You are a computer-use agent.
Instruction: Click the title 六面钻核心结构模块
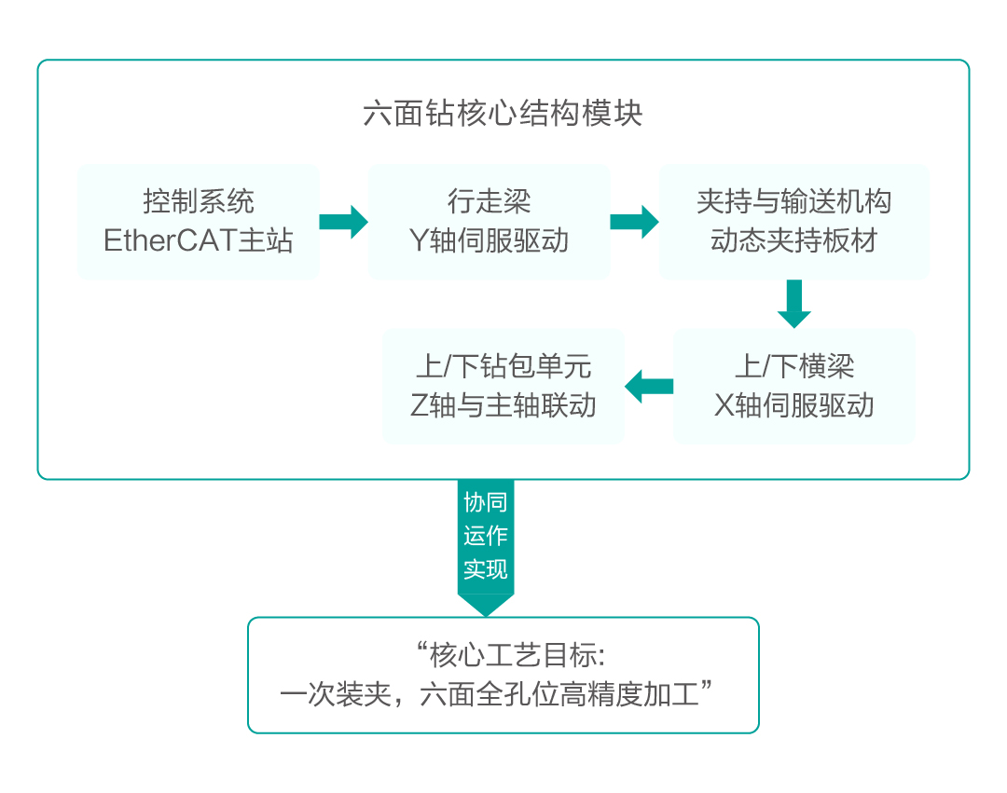(503, 114)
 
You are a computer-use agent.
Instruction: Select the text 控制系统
(198, 201)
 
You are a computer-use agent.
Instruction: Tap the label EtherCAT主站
(198, 240)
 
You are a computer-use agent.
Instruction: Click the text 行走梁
(489, 201)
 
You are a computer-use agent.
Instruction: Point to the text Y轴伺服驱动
(489, 240)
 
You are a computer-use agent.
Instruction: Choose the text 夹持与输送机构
(793, 201)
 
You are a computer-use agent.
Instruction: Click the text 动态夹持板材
(793, 240)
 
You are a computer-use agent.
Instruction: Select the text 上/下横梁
(793, 366)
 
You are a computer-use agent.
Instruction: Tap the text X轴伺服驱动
(793, 405)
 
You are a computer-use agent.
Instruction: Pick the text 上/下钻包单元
(503, 366)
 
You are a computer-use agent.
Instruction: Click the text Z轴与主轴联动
(503, 405)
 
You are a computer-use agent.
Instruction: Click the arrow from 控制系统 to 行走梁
(343, 222)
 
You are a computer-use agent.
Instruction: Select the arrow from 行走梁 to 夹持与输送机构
(634, 222)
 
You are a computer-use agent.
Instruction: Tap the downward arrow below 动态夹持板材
(793, 304)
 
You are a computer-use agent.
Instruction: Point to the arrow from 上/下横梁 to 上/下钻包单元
(649, 386)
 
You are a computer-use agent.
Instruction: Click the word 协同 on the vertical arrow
(485, 503)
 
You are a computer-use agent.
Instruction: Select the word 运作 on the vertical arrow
(485, 536)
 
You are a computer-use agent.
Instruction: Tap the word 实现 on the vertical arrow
(485, 568)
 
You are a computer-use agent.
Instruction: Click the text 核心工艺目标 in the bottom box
(516, 656)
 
